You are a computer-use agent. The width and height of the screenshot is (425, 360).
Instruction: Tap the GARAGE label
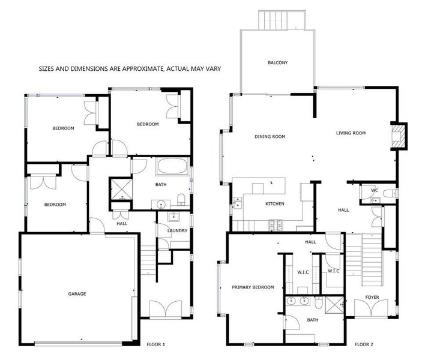coord(77,294)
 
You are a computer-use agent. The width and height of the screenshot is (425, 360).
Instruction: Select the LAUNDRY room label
coord(177,230)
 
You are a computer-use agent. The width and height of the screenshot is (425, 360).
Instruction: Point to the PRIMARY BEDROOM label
coord(253,287)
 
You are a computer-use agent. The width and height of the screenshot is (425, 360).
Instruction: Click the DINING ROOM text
coord(270,136)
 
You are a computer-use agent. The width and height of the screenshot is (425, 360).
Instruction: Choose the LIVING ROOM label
coord(351,133)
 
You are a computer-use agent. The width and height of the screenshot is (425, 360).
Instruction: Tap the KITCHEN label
coord(274,204)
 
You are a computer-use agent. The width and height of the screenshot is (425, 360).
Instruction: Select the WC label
coord(374,191)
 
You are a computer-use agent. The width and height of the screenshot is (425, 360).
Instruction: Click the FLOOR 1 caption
coord(157,344)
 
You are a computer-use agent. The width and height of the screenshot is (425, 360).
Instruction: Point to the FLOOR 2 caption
coord(364,344)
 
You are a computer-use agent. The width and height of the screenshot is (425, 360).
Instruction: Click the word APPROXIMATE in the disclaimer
coord(136,69)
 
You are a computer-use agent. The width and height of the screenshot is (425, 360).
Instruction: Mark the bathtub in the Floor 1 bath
coord(172,166)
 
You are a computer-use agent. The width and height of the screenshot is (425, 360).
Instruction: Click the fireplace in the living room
coord(398,135)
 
